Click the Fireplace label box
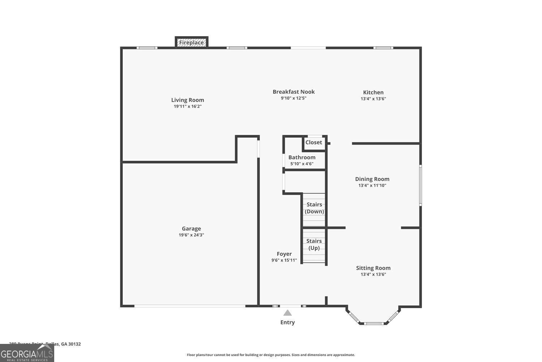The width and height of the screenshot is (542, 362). coord(192,42)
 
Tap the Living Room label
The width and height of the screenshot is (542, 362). coord(188,100)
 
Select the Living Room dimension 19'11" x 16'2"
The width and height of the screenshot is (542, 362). coord(188,106)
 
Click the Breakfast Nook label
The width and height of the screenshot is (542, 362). coord(293,92)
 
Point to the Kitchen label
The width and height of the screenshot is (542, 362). coord(373,92)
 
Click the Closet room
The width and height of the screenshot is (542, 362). coord(314,143)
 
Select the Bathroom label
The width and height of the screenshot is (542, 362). coord(302,157)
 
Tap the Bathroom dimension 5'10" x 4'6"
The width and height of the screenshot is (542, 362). coord(302,164)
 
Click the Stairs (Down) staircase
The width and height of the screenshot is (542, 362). coord(314,209)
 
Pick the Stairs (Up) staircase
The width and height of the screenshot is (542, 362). coord(314,245)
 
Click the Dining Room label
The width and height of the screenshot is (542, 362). coord(372,179)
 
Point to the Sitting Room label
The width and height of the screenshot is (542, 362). coord(373,268)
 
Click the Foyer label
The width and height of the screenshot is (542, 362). coord(284,254)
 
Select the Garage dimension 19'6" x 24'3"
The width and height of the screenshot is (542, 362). coord(191,235)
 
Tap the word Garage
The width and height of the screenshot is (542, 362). coord(191,228)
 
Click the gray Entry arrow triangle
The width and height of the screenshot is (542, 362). coord(287,313)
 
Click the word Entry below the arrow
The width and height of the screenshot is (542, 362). coord(287,322)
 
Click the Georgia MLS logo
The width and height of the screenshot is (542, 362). coord(27,353)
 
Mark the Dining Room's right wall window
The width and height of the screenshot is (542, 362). coord(420,185)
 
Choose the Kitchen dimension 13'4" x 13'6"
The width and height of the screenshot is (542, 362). coord(373,99)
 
